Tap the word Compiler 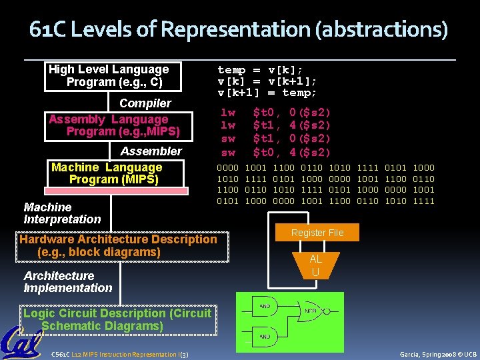click(145, 103)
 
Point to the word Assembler click(151, 151)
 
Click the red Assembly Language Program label click(109, 125)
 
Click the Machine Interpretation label click(62, 213)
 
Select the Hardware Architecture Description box click(119, 245)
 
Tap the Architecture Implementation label click(67, 282)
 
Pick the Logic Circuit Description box click(117, 319)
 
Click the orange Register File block click(317, 233)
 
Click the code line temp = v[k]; click(260, 70)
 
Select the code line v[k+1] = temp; click(267, 93)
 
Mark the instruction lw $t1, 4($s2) click(275, 125)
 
